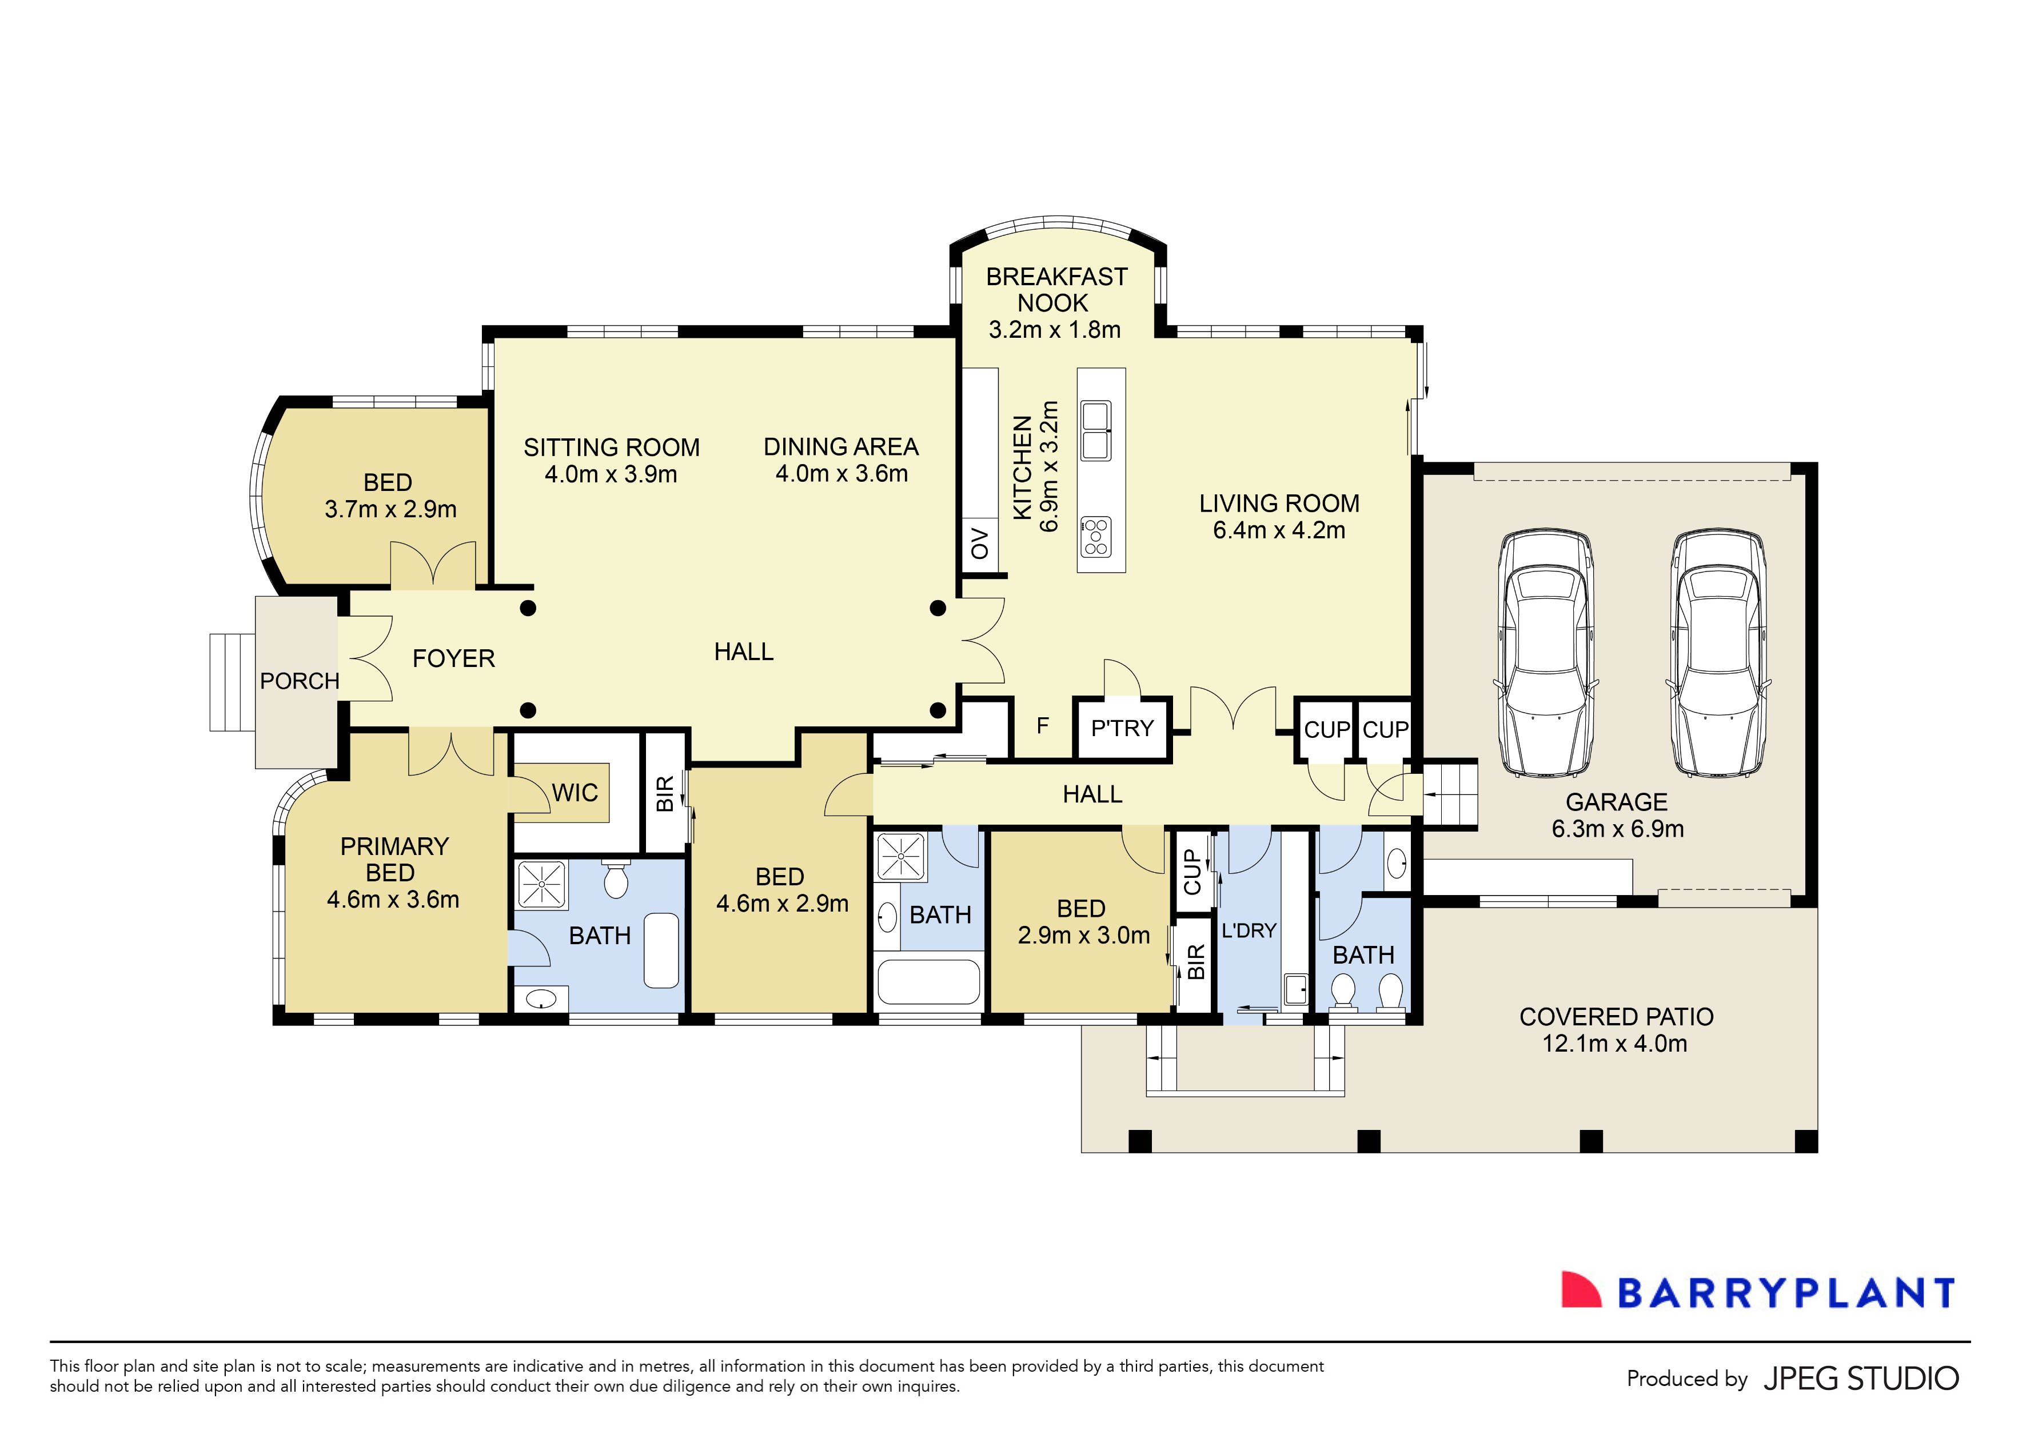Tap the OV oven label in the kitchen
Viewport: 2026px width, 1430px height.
pyautogui.click(x=979, y=544)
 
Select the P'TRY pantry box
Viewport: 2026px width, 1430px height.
pyautogui.click(x=1122, y=729)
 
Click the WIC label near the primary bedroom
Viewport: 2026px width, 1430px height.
pyautogui.click(x=575, y=793)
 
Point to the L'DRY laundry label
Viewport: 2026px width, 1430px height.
pyautogui.click(x=1249, y=930)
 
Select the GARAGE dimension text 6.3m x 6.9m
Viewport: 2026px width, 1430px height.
pyautogui.click(x=1617, y=829)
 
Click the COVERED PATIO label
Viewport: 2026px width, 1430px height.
pyautogui.click(x=1616, y=1017)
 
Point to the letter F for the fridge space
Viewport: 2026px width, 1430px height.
pyautogui.click(x=1043, y=726)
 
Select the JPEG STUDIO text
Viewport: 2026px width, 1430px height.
pyautogui.click(x=1861, y=1379)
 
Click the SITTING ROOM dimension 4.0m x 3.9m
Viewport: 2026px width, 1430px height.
pyautogui.click(x=611, y=474)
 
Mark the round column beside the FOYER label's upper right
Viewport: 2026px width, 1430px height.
pyautogui.click(x=528, y=608)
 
